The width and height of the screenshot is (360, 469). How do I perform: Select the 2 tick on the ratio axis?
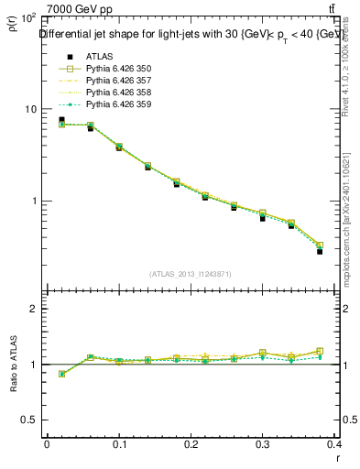click(33, 310)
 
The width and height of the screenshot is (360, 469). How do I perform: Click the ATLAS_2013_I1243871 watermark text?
click(191, 274)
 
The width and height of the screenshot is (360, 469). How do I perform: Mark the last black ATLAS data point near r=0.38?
click(320, 251)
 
